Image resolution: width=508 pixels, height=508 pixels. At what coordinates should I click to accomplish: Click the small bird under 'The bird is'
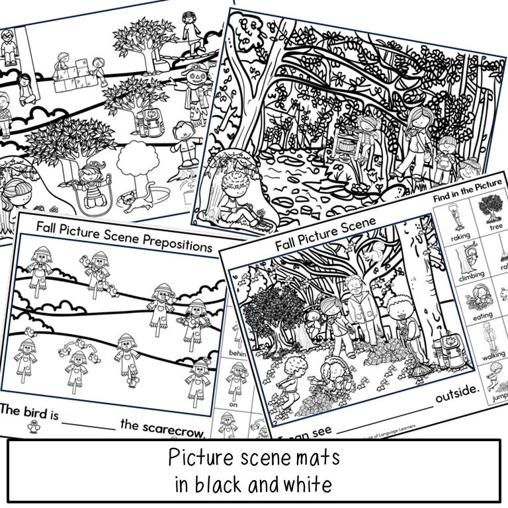(32, 428)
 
